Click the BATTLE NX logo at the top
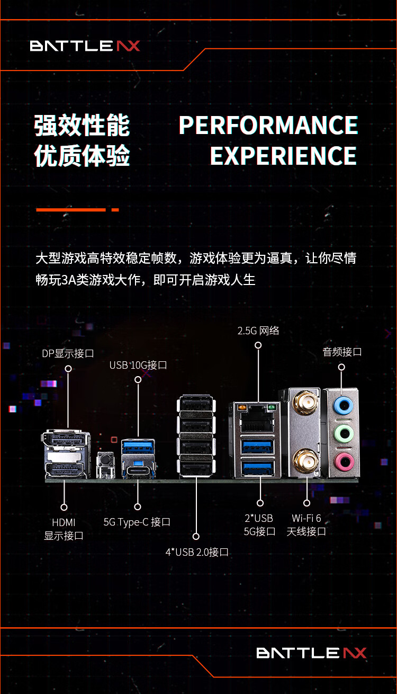click(x=85, y=46)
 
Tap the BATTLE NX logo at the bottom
click(x=311, y=653)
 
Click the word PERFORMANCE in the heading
click(x=268, y=126)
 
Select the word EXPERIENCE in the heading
click(x=283, y=156)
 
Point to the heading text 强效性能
click(x=82, y=126)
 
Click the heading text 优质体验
click(x=82, y=156)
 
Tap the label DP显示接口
click(x=68, y=353)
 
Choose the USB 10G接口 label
click(x=138, y=365)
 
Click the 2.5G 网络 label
click(x=258, y=331)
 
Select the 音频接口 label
click(x=342, y=352)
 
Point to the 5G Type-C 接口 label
click(x=137, y=522)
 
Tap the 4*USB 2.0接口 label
click(x=197, y=552)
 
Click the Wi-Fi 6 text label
click(x=306, y=518)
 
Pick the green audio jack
click(x=342, y=434)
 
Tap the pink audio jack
click(x=342, y=460)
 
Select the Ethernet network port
click(x=257, y=421)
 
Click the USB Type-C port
click(x=138, y=470)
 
